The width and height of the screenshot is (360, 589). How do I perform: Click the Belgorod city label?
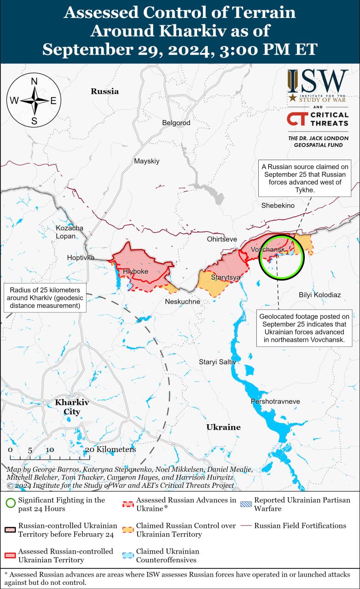click(x=176, y=123)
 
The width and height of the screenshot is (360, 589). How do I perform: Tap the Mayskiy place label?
click(x=146, y=161)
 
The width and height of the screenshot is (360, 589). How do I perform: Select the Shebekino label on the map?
click(x=278, y=205)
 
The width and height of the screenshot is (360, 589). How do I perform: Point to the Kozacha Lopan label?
click(x=70, y=232)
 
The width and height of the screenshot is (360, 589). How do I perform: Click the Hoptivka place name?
click(x=81, y=258)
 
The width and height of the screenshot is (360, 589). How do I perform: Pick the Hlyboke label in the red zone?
click(x=135, y=271)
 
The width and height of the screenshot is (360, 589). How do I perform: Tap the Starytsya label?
click(x=226, y=277)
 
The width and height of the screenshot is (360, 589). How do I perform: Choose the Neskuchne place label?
click(x=183, y=301)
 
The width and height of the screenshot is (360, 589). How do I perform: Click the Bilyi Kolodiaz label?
click(x=320, y=294)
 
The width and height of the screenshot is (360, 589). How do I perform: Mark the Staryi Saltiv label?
click(x=217, y=362)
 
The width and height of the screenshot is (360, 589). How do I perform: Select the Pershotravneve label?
click(x=275, y=401)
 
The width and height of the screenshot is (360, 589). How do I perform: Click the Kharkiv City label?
click(x=72, y=407)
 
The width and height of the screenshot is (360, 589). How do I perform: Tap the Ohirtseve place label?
click(x=222, y=239)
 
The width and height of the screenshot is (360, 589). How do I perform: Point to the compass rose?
click(x=34, y=100)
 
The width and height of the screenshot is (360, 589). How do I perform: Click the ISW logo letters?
click(x=318, y=82)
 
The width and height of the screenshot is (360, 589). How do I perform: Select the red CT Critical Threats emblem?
click(x=297, y=119)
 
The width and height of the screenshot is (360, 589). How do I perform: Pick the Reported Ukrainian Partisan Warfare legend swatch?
click(x=246, y=504)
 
